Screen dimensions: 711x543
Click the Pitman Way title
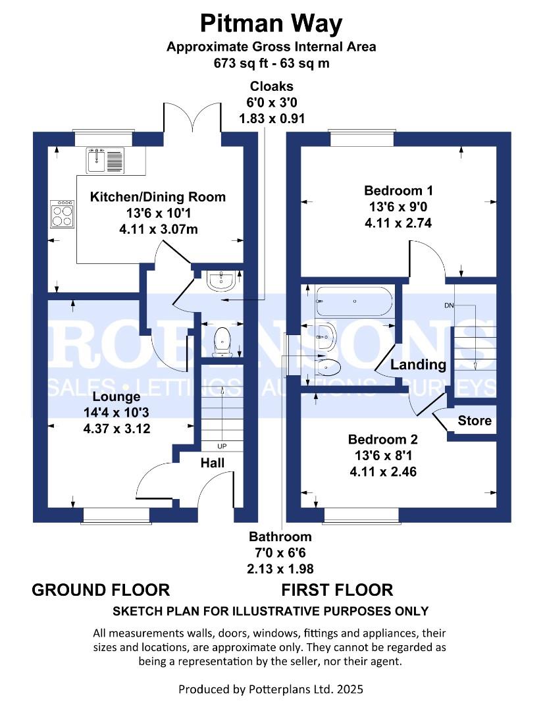click(x=271, y=24)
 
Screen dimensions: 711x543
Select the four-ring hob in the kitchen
click(x=63, y=213)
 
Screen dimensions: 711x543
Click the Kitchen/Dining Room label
click(x=157, y=197)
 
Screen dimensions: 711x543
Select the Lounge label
click(x=116, y=397)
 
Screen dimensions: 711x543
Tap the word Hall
click(x=213, y=463)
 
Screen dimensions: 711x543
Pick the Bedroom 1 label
click(x=398, y=191)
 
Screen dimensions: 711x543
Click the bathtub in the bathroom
click(x=354, y=302)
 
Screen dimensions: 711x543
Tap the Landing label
click(x=419, y=365)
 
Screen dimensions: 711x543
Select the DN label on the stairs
click(x=450, y=305)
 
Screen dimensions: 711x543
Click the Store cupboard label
click(x=475, y=420)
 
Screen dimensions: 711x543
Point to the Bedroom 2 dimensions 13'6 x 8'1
click(x=383, y=456)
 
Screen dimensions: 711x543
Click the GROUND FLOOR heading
click(x=101, y=589)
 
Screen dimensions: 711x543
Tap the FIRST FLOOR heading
click(x=338, y=589)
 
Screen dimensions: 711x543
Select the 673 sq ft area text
click(x=271, y=63)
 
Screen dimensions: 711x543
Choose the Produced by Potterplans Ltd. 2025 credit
click(x=271, y=689)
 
